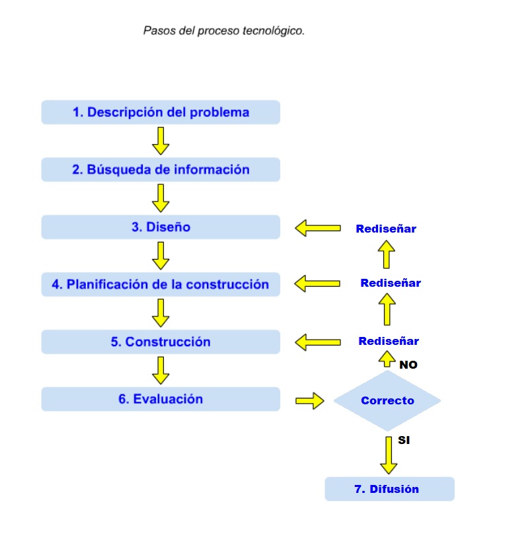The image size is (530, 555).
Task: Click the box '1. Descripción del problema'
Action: pos(161,112)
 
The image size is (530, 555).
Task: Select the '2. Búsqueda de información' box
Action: pos(161,170)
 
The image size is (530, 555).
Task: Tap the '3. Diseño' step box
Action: pos(161,227)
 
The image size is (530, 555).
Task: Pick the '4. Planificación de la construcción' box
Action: pos(161,285)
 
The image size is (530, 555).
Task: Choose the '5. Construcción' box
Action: pos(161,342)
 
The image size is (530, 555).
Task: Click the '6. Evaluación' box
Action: pos(161,399)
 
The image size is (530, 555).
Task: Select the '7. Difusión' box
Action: pos(389,490)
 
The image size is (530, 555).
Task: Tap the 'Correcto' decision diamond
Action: pos(387,400)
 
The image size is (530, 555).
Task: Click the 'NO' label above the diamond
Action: pos(408,365)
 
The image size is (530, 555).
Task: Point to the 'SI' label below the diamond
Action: pos(404,439)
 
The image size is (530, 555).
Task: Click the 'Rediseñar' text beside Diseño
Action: pos(386,229)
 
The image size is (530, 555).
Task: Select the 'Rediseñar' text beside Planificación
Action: pos(391,283)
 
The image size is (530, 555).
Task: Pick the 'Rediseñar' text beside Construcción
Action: pos(389,342)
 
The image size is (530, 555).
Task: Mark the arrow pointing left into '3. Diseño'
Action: pos(317,229)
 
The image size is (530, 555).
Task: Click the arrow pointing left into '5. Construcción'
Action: pos(317,342)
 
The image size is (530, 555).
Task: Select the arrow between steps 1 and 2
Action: pos(161,140)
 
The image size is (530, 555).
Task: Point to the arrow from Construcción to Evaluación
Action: pos(161,370)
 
